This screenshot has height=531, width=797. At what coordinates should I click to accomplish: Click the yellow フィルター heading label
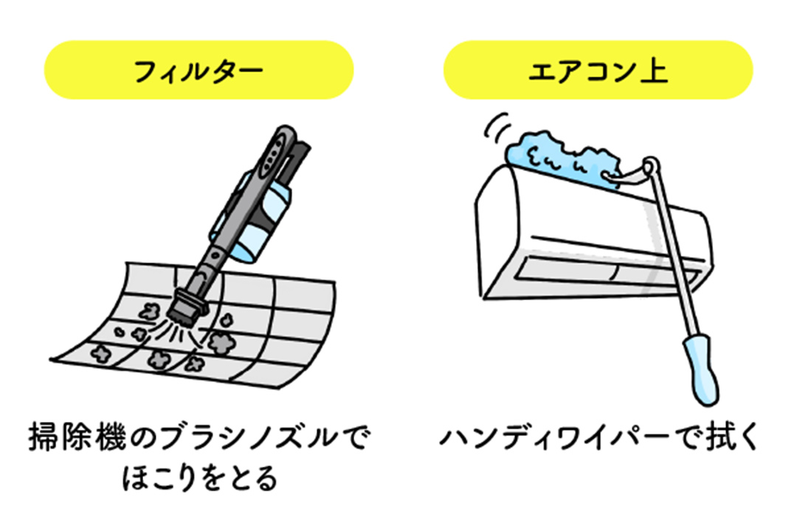(199, 71)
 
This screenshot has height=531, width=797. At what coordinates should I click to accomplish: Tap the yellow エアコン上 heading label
(598, 71)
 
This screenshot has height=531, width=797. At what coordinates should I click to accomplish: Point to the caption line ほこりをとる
(199, 478)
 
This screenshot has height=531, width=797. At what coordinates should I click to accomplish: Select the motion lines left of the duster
(496, 127)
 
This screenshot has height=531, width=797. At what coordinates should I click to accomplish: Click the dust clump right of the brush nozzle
(219, 340)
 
